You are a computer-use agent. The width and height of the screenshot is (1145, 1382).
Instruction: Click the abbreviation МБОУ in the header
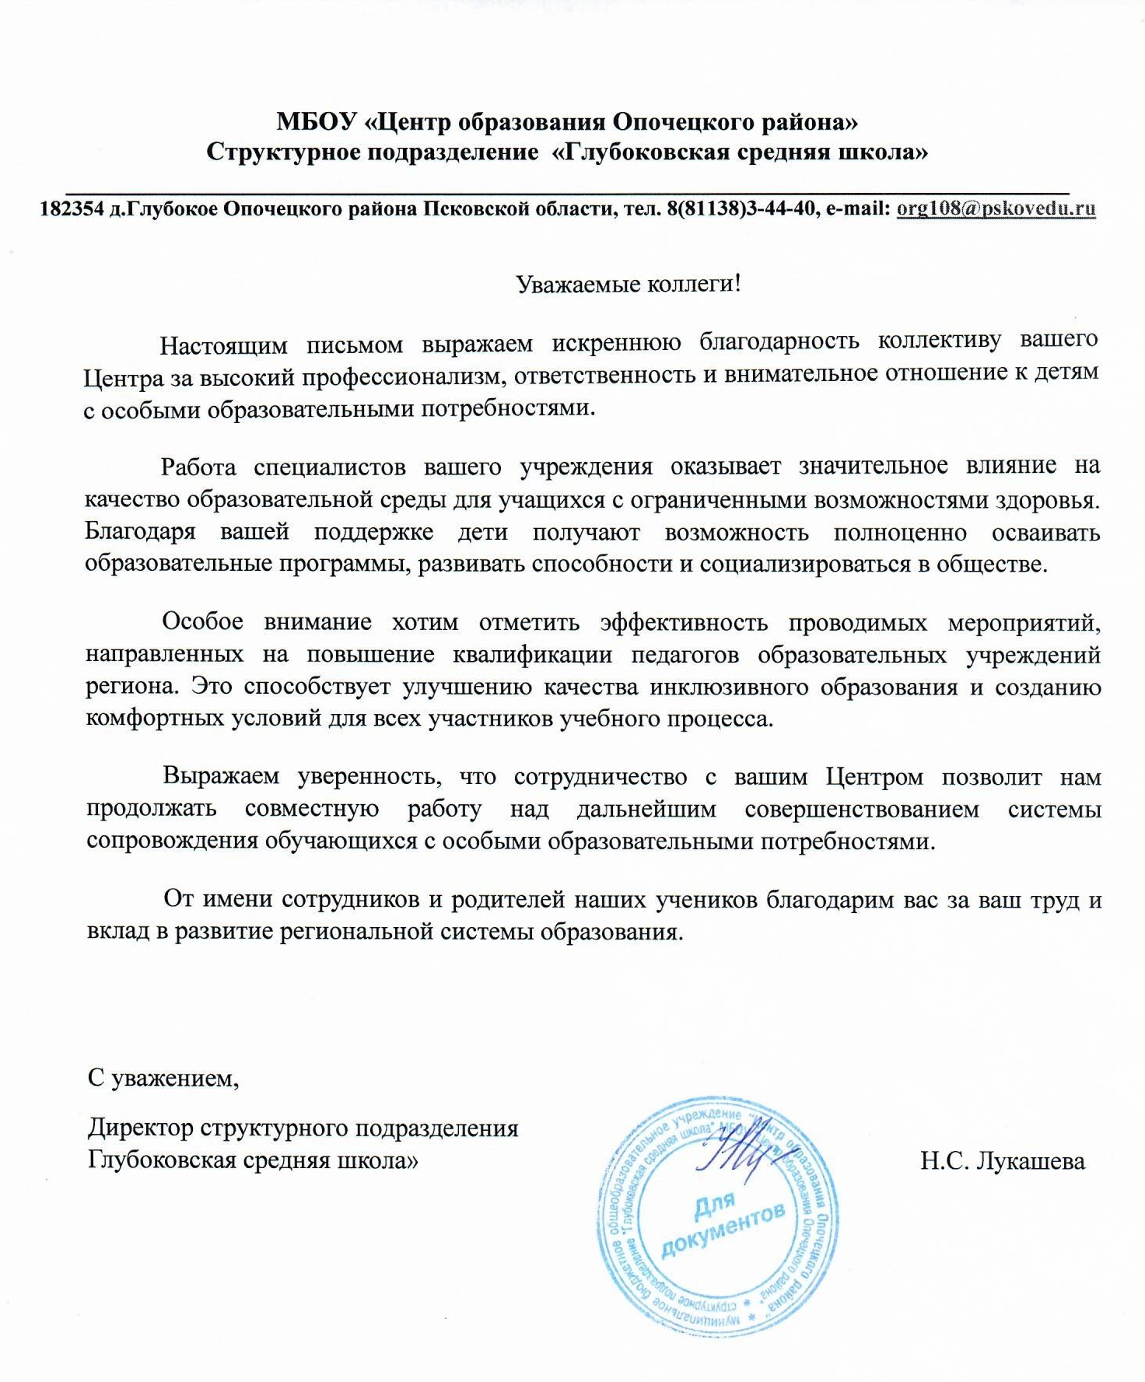coord(317,122)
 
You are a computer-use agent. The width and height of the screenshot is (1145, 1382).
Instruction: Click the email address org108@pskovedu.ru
coord(996,208)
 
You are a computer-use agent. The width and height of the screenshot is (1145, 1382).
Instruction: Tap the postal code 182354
coord(72,209)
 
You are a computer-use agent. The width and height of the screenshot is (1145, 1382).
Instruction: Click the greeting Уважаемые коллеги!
coord(629,284)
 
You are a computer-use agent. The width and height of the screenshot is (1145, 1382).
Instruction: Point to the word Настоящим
coord(223,345)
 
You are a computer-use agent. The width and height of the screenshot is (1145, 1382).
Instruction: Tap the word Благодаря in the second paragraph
coord(140,533)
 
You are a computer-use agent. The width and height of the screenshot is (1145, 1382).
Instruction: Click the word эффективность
coord(684,623)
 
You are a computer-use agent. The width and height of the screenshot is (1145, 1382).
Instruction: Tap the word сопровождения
coord(170,841)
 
